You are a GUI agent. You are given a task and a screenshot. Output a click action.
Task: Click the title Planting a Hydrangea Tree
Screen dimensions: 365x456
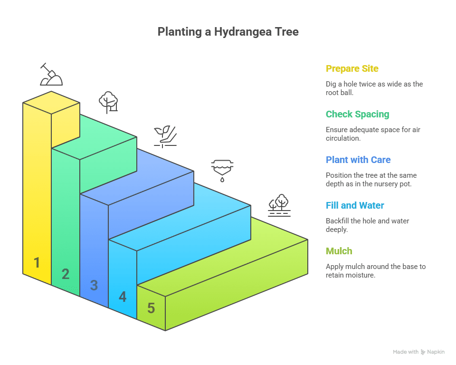point(228,32)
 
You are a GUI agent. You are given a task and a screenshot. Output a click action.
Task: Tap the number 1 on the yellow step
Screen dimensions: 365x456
point(37,262)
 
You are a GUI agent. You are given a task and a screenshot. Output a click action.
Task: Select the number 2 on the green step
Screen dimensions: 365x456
point(66,274)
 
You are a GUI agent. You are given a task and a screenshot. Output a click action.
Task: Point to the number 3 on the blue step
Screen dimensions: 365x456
point(94,285)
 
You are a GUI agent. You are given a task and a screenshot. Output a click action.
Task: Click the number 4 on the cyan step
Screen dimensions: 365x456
point(123,297)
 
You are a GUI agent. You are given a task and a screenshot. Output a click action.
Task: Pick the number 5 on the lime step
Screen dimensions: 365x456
point(151,308)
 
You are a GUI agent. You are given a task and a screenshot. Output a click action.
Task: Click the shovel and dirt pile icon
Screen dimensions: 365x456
point(51,75)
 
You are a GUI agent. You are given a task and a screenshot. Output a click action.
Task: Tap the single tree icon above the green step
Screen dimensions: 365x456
point(108,102)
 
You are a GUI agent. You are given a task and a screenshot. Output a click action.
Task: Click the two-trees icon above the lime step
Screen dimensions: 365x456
point(279,205)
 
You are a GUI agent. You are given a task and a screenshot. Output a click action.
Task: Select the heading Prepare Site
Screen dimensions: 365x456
point(352,68)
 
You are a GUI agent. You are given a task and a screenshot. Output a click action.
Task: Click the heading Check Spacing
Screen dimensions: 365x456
point(357,114)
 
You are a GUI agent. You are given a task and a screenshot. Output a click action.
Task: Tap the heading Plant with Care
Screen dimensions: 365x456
point(358,160)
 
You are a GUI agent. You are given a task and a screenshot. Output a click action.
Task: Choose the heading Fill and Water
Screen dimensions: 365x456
point(355,205)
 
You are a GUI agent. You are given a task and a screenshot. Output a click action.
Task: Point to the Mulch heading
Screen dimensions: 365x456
point(339,251)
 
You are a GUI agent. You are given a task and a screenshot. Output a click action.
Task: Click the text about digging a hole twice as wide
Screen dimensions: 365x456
point(374,88)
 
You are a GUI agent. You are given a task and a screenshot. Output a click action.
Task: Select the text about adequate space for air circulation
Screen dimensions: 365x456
point(373,134)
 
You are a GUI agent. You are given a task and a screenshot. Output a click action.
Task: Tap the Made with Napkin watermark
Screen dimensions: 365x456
point(418,352)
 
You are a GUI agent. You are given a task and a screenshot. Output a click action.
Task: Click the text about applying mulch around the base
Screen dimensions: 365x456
point(375,270)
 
